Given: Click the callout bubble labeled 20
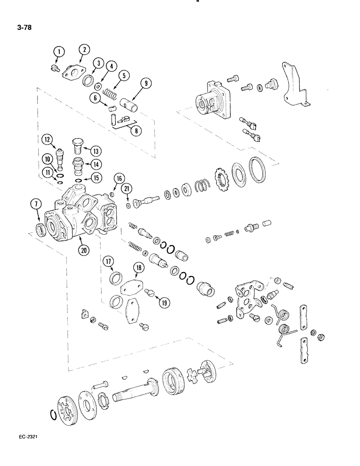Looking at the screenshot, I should click(84, 249).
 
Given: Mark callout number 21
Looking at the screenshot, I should click(126, 189).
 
